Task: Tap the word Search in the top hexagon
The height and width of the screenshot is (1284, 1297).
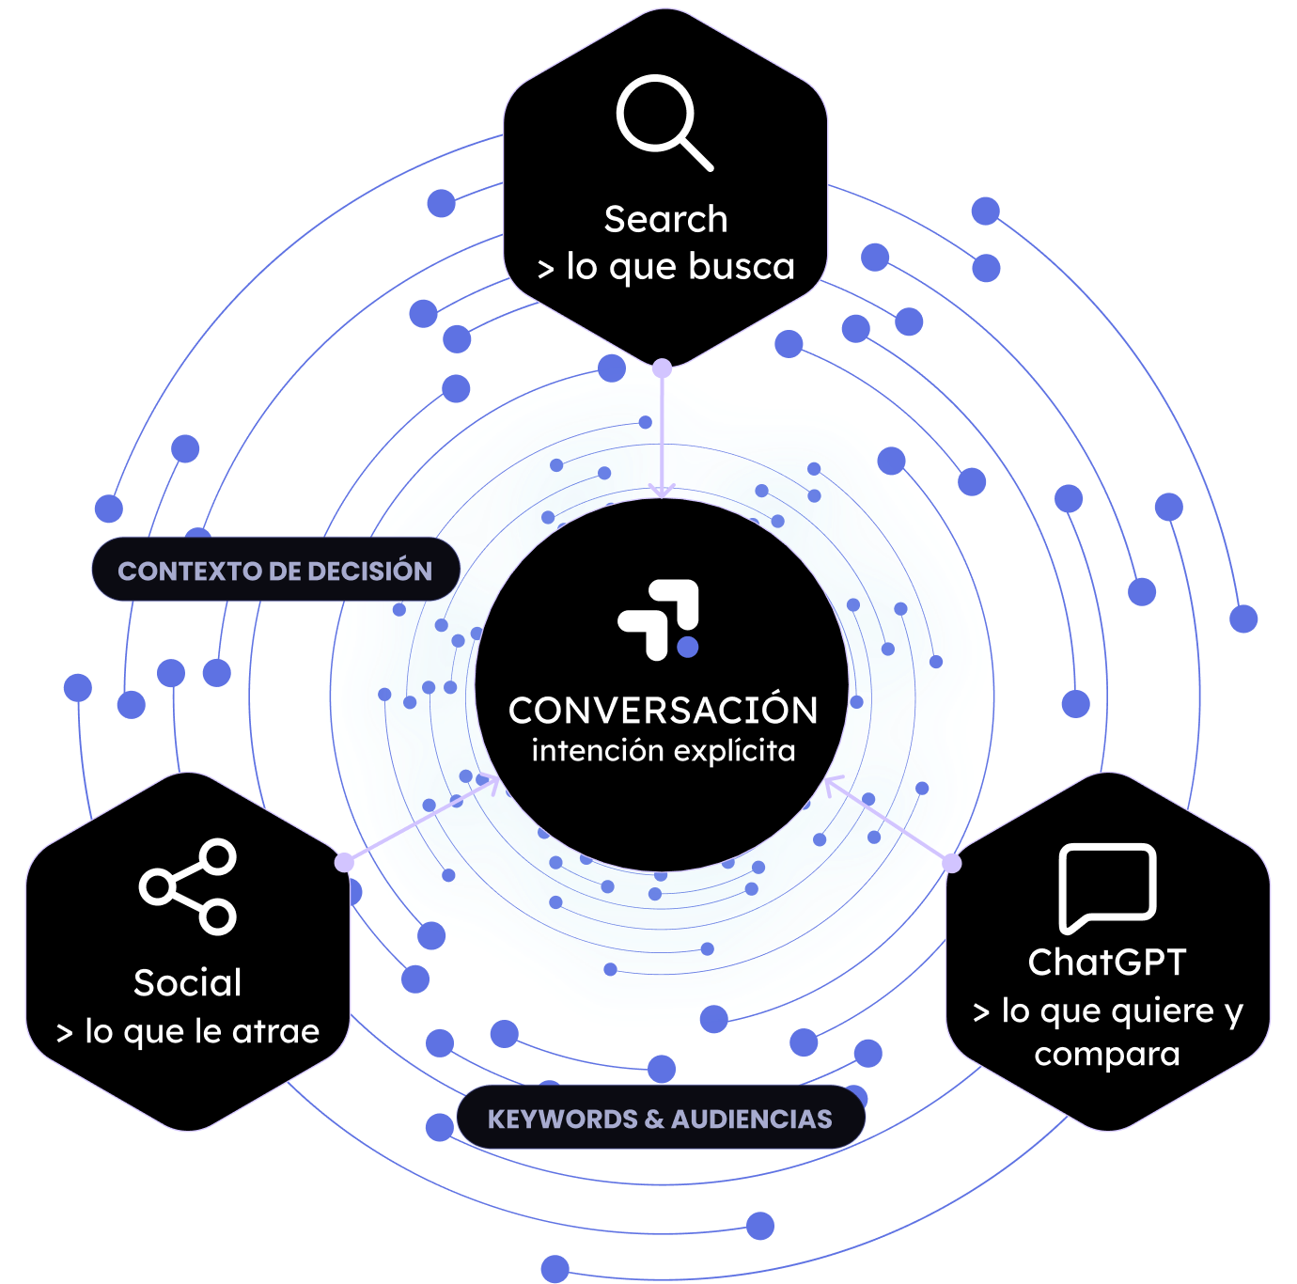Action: pyautogui.click(x=665, y=220)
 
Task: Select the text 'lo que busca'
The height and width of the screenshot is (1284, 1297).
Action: pyautogui.click(x=680, y=267)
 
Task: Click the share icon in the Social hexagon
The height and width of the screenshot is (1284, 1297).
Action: pyautogui.click(x=187, y=886)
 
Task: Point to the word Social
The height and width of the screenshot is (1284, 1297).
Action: pyautogui.click(x=187, y=982)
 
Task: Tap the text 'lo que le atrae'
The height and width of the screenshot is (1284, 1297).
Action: pyautogui.click(x=202, y=1031)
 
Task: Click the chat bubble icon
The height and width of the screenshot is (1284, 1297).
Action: pyautogui.click(x=1106, y=888)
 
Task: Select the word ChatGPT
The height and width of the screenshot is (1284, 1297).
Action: pyautogui.click(x=1106, y=963)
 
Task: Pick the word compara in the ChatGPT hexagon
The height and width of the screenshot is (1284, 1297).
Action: pyautogui.click(x=1106, y=1055)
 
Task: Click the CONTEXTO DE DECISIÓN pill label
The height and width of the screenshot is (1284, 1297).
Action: pyautogui.click(x=275, y=570)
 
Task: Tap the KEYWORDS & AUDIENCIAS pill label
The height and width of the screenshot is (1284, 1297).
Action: pyautogui.click(x=661, y=1120)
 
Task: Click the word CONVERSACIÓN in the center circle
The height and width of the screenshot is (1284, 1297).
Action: pyautogui.click(x=663, y=710)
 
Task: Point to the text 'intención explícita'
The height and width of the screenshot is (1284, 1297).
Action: pyautogui.click(x=663, y=751)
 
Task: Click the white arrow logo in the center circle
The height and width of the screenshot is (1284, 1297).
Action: pyautogui.click(x=658, y=619)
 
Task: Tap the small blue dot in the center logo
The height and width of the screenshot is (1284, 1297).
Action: pyautogui.click(x=687, y=647)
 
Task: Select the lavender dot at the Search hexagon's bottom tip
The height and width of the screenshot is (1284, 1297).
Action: pyautogui.click(x=663, y=368)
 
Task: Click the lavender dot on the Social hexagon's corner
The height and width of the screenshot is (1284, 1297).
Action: pyautogui.click(x=344, y=862)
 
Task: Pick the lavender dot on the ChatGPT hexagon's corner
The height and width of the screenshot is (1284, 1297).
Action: pyautogui.click(x=952, y=863)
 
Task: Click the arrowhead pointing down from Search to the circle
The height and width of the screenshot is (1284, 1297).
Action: pyautogui.click(x=663, y=490)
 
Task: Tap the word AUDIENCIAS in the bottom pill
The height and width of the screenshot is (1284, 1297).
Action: pyautogui.click(x=751, y=1120)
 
